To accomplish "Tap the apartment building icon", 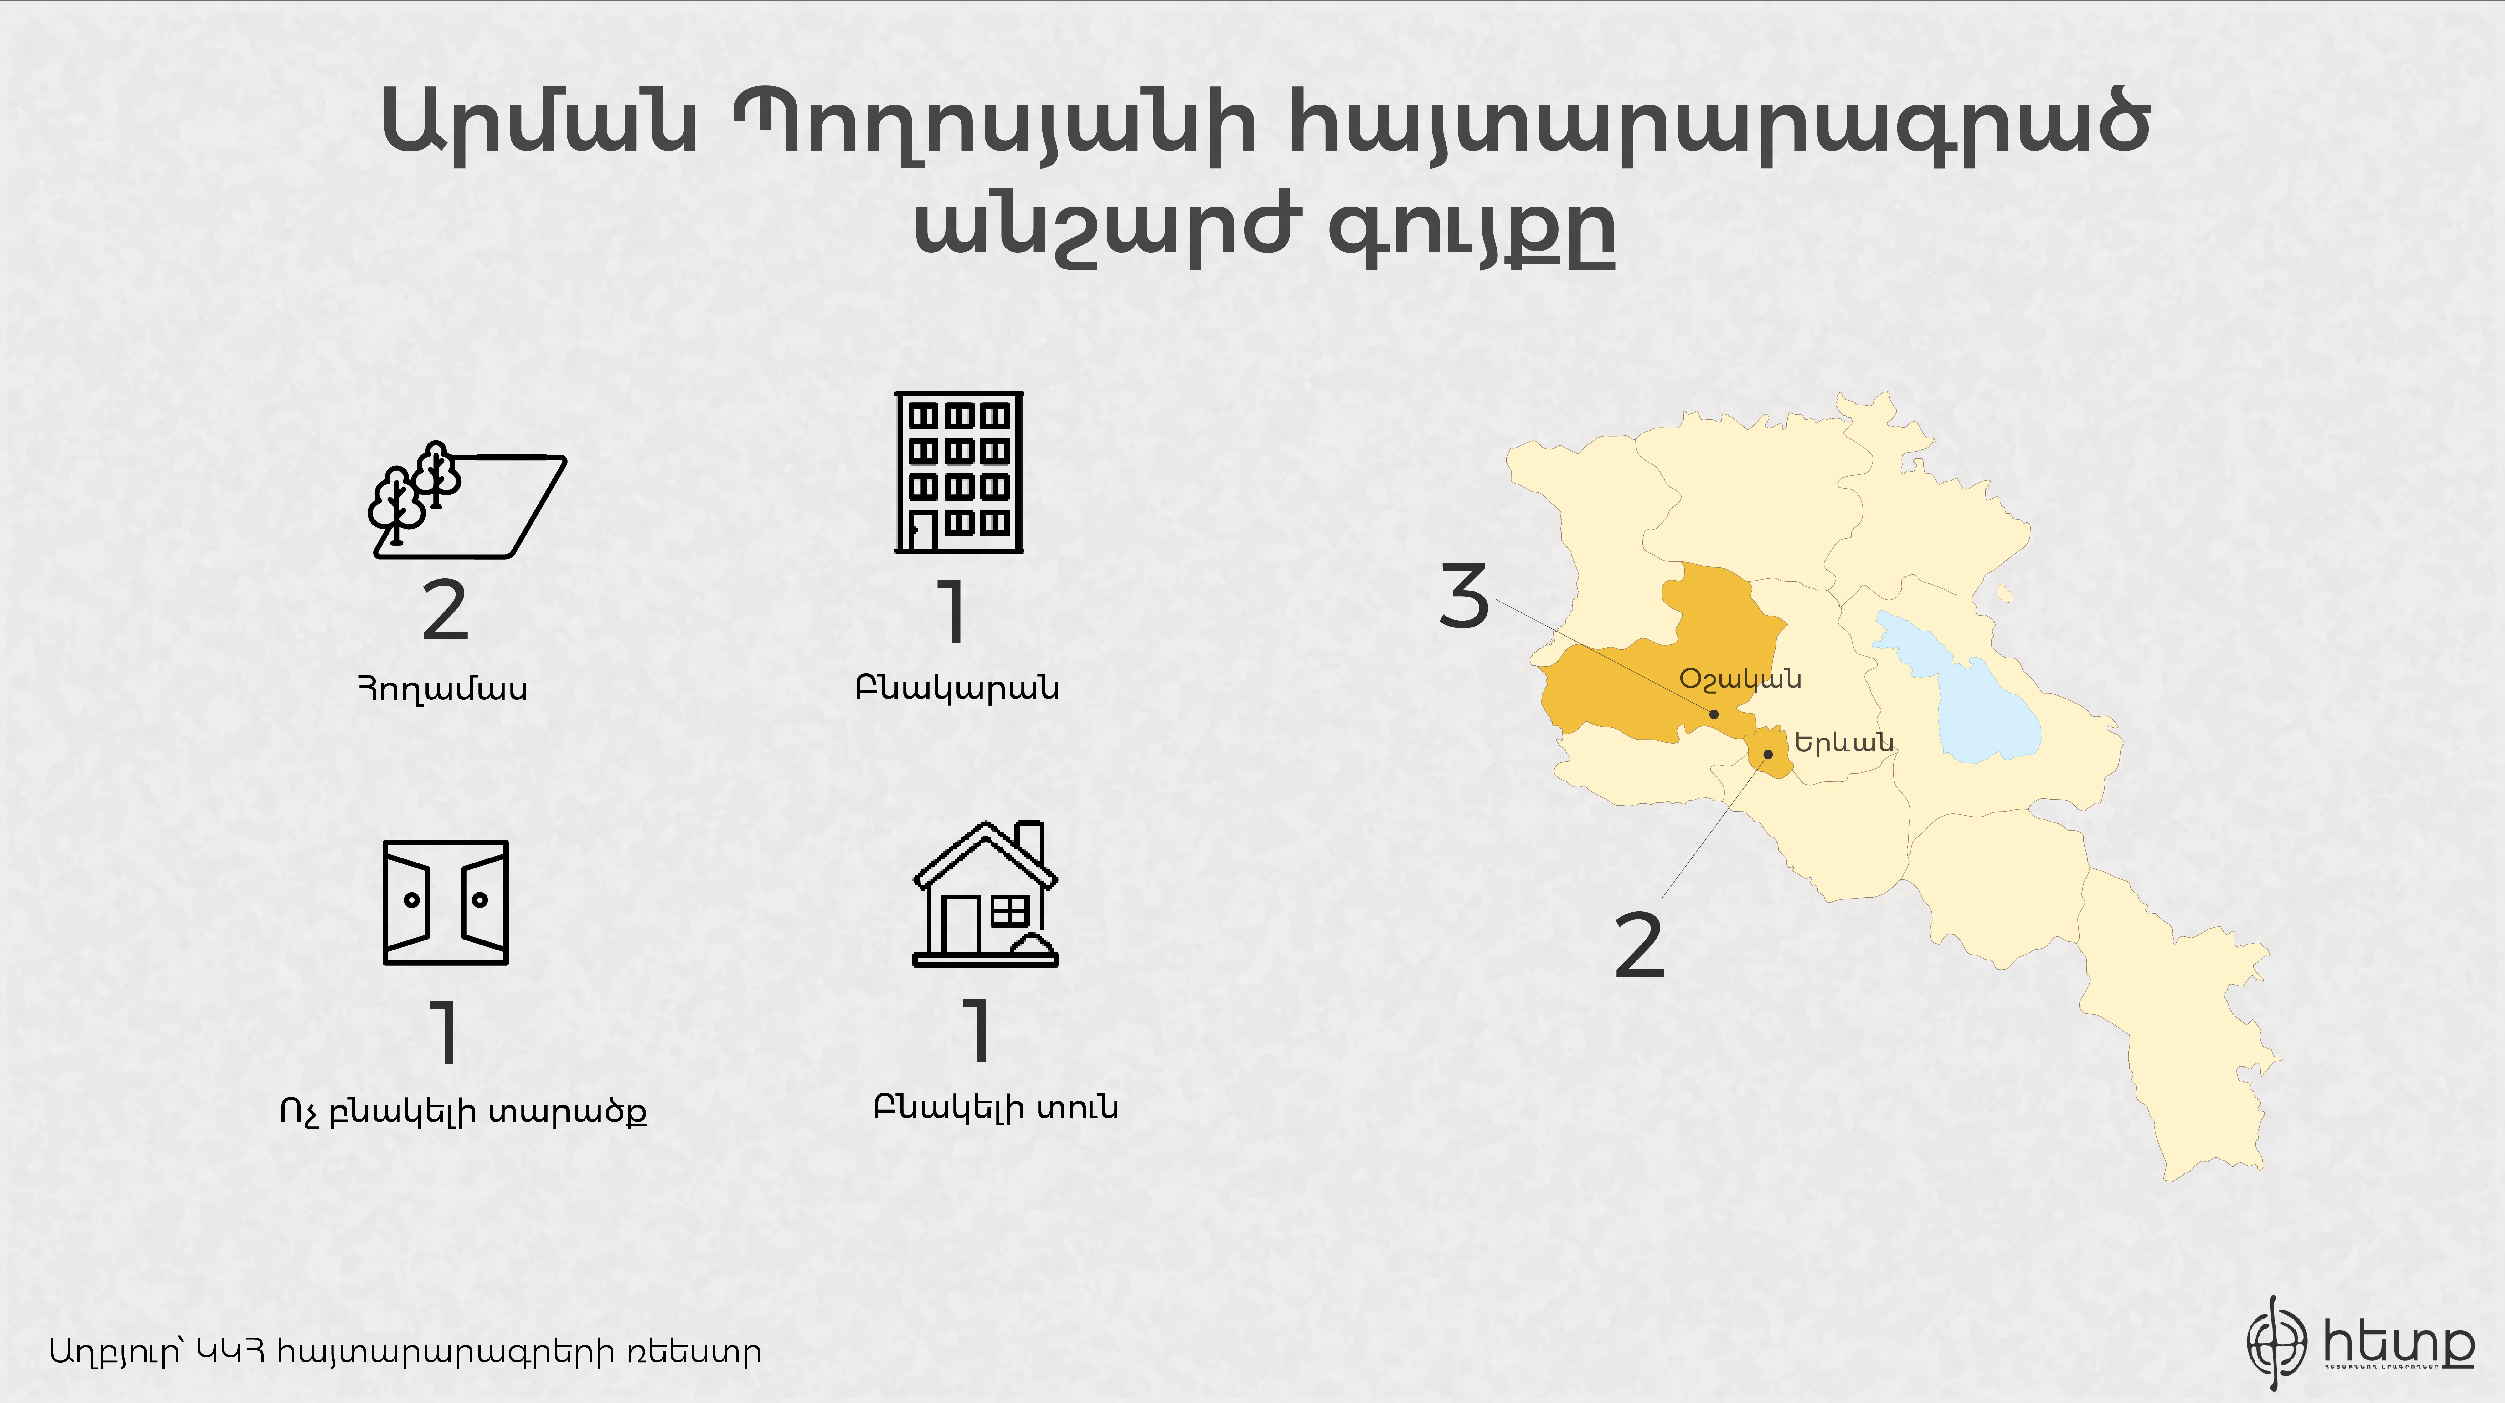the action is (959, 473).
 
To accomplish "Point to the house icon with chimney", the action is (985, 894).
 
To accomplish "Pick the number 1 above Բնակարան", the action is (954, 612).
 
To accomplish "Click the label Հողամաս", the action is (443, 689).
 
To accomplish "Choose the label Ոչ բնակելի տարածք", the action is (463, 1111).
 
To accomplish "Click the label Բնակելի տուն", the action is (996, 1108).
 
